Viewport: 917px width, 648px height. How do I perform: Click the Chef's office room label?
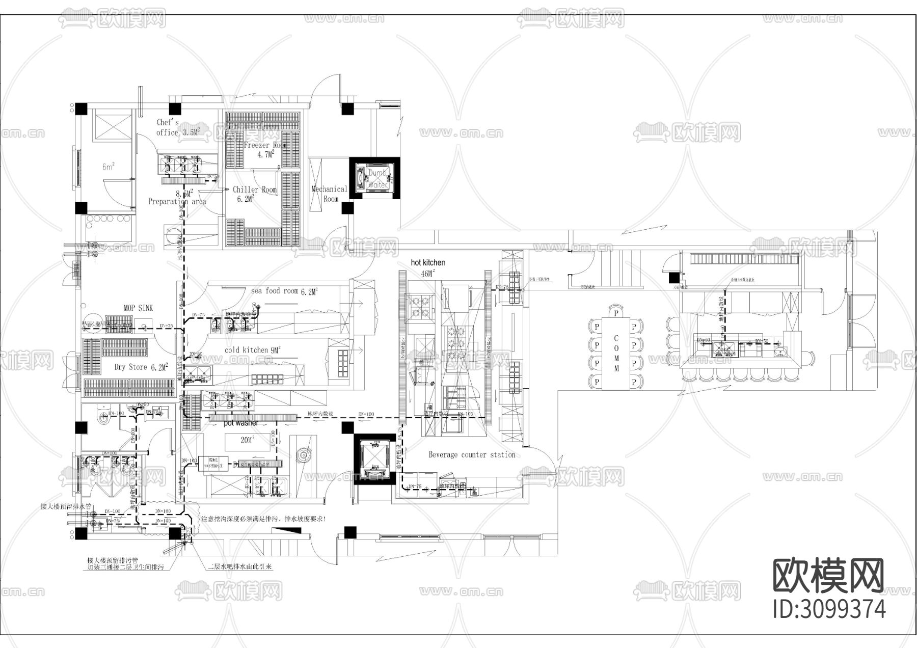click(x=168, y=127)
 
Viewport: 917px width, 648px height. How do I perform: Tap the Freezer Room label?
click(x=265, y=145)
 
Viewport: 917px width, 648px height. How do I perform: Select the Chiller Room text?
click(x=254, y=190)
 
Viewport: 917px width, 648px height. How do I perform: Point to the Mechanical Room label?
click(x=329, y=194)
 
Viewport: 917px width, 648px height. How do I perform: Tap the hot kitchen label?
click(x=427, y=262)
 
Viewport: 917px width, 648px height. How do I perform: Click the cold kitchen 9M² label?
click(x=252, y=350)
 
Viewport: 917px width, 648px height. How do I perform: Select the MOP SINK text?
click(x=138, y=308)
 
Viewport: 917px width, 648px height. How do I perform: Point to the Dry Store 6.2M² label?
click(x=141, y=367)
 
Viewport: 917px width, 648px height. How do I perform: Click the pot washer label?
click(x=241, y=423)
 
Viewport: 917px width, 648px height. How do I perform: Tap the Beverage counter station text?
click(x=472, y=454)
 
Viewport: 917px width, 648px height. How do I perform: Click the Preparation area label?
click(x=177, y=201)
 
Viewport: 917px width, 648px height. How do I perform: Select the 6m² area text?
click(x=108, y=167)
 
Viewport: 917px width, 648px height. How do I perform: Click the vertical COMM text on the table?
click(x=616, y=353)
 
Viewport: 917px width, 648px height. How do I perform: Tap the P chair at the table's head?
click(x=616, y=312)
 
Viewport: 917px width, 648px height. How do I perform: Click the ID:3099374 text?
click(x=829, y=609)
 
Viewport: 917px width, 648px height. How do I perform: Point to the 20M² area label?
click(x=247, y=440)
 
